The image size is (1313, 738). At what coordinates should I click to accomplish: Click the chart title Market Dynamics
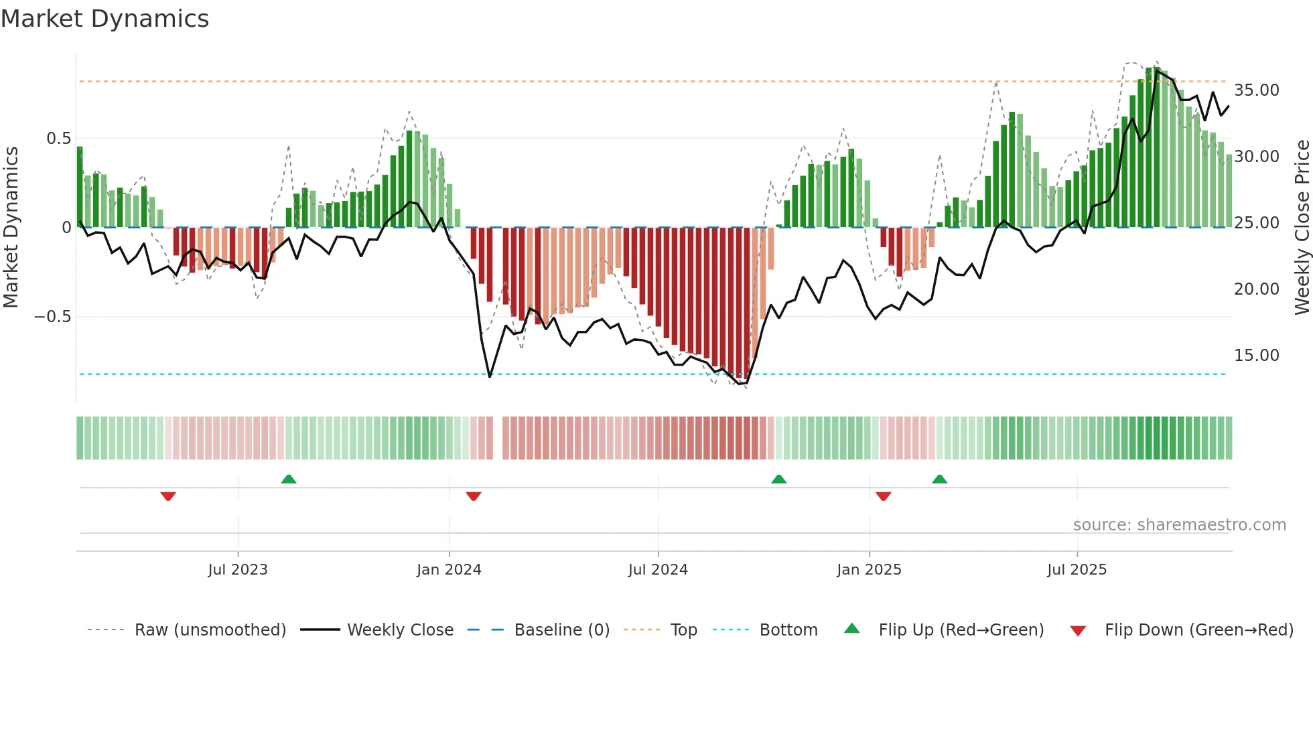coord(105,19)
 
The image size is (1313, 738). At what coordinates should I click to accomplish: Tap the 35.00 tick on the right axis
coord(1256,90)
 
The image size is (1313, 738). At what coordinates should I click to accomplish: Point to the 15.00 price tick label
coord(1256,356)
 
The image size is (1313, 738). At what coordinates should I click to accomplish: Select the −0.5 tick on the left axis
coord(52,317)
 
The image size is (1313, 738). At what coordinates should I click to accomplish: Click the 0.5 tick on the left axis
coord(58,139)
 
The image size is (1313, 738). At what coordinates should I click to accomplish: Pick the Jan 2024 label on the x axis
coord(449,570)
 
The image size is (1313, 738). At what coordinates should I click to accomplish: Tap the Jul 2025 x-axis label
coord(1077,570)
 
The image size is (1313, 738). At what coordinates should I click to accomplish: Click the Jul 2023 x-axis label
coord(238,570)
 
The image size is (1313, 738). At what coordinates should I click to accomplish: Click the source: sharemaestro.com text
coord(1179,525)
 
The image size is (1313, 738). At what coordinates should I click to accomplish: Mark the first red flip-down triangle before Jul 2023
coord(168,496)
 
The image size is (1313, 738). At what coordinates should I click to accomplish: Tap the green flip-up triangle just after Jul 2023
coord(289,479)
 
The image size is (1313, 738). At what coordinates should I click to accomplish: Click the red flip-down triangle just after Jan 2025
coord(883,496)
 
